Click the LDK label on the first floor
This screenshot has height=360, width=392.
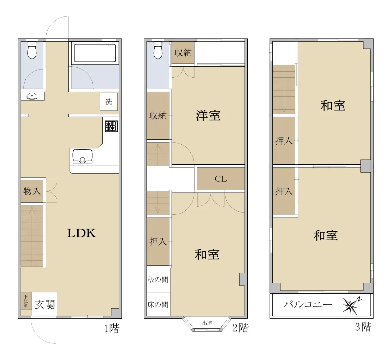point(81,233)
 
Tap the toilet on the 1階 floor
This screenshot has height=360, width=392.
point(32,50)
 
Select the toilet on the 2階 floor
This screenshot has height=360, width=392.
point(158,50)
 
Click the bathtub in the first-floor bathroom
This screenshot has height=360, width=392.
point(95,53)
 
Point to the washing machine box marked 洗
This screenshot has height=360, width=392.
point(109,102)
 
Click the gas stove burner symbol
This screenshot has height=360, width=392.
point(111,126)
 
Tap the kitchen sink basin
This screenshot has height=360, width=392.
point(82,157)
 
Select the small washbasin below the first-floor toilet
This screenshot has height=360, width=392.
point(32,96)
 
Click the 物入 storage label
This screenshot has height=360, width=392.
point(32,191)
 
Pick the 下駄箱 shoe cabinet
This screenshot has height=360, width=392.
point(26,304)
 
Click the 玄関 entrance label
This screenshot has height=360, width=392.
point(45,305)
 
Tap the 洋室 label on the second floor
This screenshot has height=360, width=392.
point(208,115)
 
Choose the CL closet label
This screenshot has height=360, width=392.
point(221,179)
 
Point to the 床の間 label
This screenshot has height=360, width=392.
point(158,305)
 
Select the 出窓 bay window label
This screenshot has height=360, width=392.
point(207,323)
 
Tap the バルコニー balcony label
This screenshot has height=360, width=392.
point(308,304)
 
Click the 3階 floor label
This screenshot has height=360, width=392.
point(363,327)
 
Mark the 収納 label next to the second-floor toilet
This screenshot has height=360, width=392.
point(183,52)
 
